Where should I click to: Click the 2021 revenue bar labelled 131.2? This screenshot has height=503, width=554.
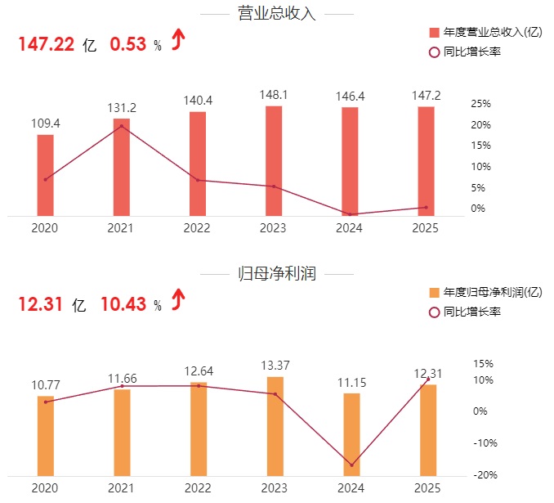tap(121, 167)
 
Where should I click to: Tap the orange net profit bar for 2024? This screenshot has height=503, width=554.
tap(351, 434)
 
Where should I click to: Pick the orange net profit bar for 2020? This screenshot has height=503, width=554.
tap(46, 436)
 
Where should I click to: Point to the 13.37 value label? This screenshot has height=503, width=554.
tap(274, 365)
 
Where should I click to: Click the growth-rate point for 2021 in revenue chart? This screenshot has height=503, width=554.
tap(122, 126)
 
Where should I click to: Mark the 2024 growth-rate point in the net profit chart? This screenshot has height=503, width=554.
tap(351, 465)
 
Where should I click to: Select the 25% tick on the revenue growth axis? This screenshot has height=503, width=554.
tap(480, 104)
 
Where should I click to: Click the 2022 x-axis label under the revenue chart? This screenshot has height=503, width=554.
tap(198, 228)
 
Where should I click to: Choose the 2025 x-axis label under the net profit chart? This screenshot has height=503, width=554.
tap(427, 488)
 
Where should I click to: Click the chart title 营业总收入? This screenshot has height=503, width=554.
tap(276, 14)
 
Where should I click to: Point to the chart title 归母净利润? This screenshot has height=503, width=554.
tap(276, 274)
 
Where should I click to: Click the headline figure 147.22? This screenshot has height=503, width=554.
tap(47, 45)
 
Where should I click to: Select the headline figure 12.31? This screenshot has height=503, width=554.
tap(40, 305)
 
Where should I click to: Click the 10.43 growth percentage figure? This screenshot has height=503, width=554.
tap(123, 305)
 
